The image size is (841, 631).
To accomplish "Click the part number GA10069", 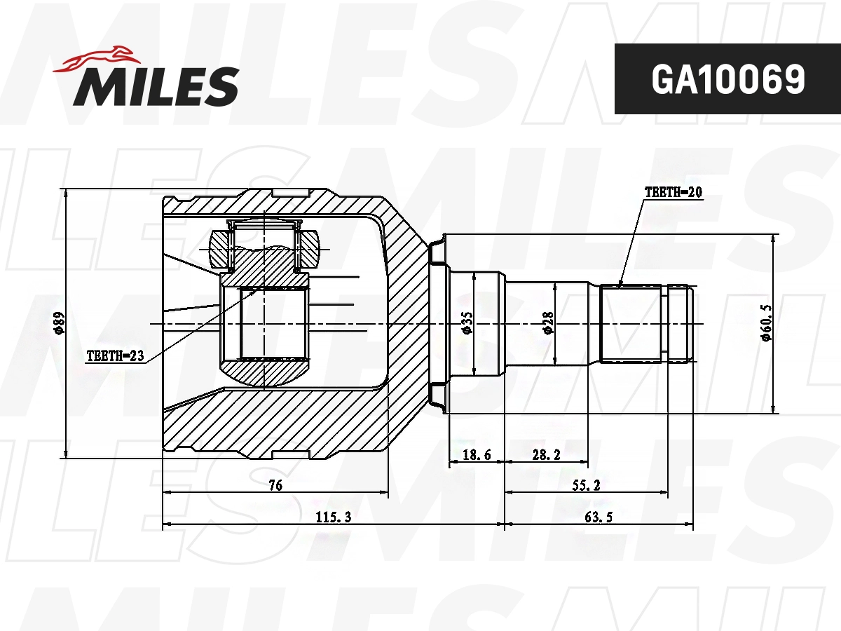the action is tap(728, 79).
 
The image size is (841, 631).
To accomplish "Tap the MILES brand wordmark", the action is tap(156, 86).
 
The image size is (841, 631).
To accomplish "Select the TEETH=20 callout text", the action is tap(674, 192).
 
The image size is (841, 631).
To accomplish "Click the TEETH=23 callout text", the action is tap(116, 356).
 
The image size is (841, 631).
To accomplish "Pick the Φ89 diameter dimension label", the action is tap(59, 324).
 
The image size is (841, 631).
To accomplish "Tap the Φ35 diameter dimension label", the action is tap(467, 323).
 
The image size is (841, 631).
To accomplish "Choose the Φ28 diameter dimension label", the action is tap(548, 323).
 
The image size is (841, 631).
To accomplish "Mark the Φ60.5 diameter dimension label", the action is tap(766, 323).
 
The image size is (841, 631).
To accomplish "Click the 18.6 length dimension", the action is tap(477, 455).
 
